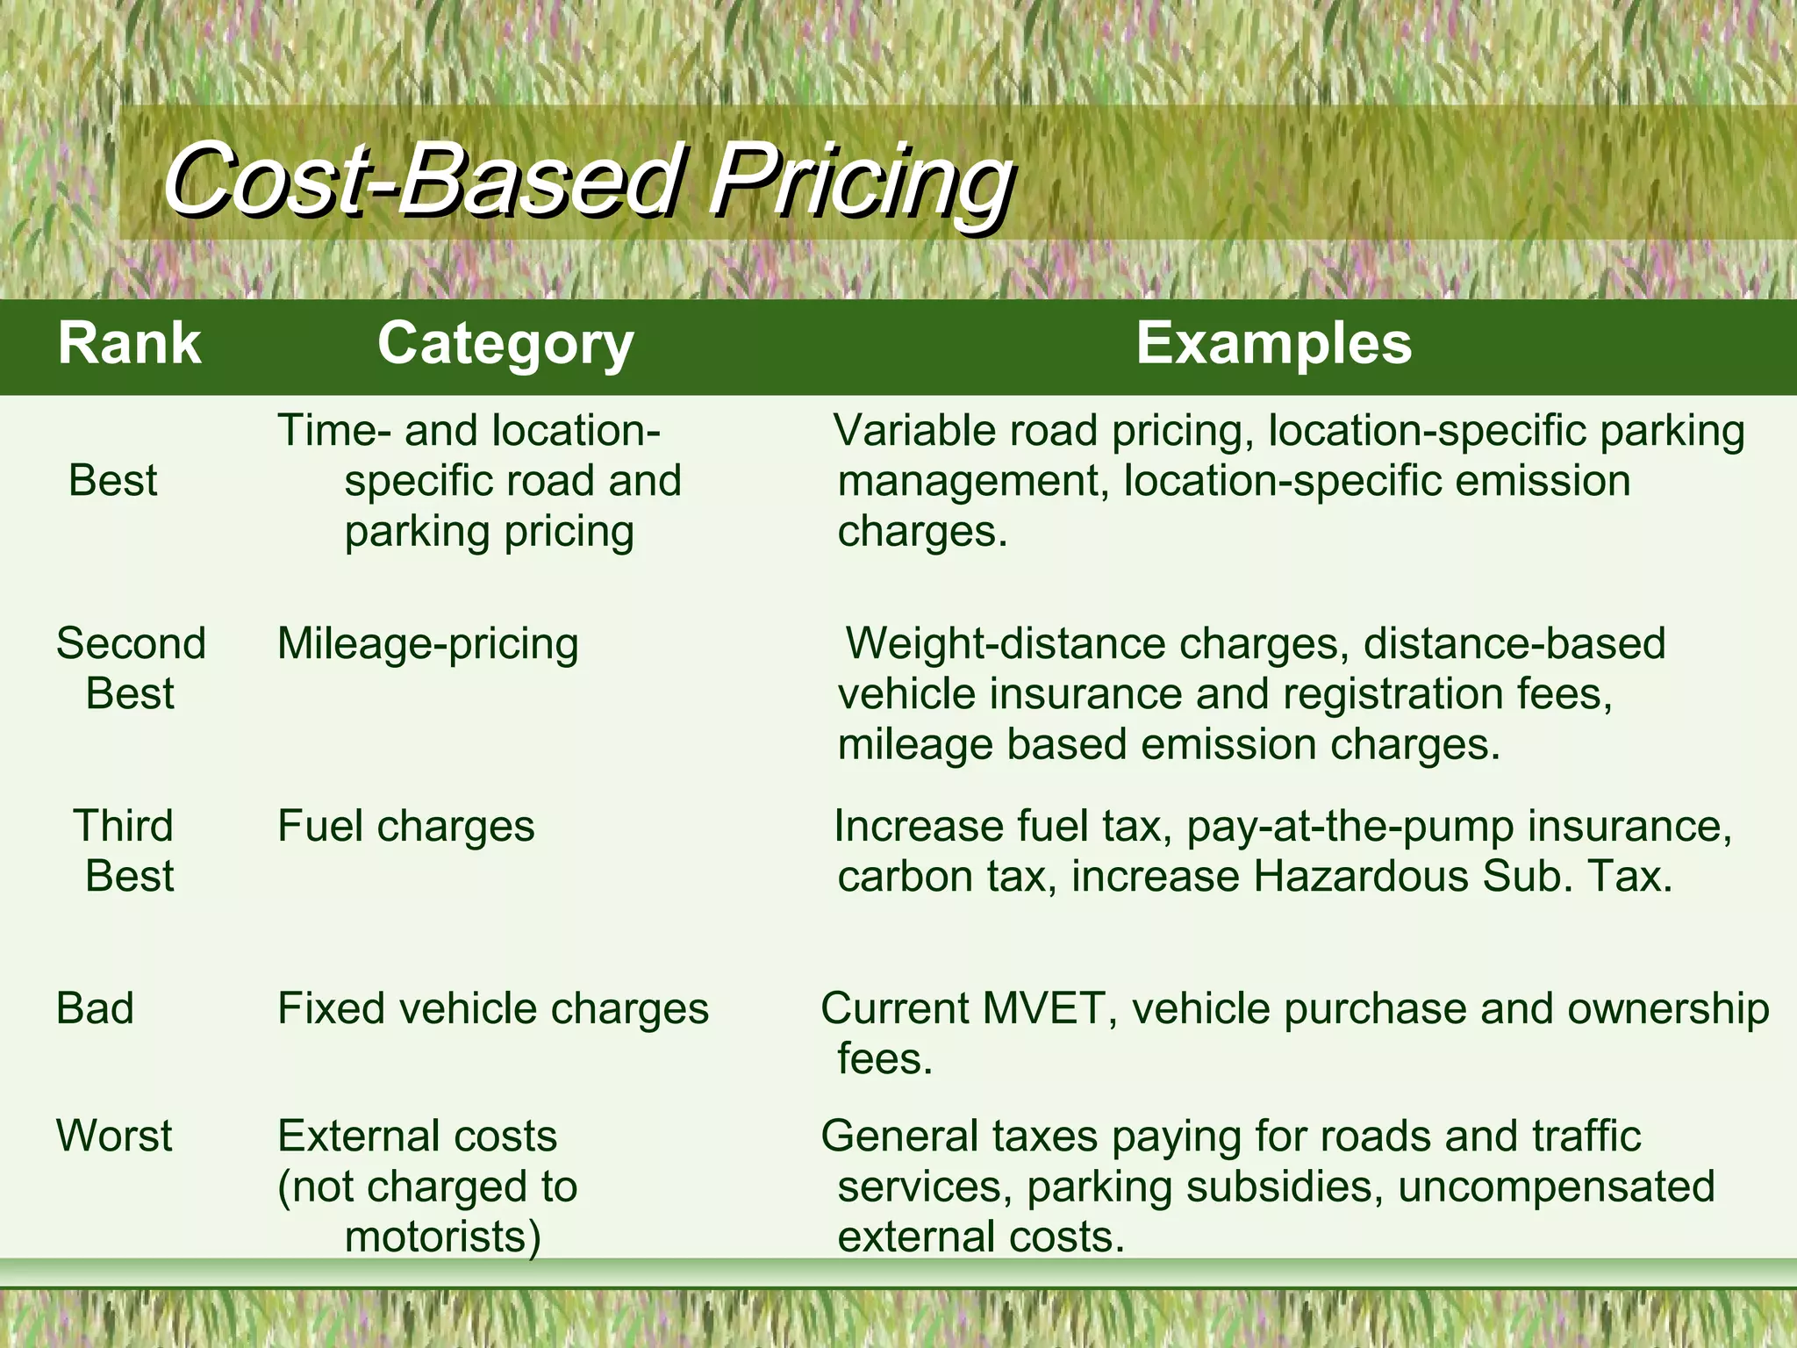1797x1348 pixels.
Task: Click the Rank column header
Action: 129,343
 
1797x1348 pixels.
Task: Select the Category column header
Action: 505,343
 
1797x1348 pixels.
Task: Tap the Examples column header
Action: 1273,343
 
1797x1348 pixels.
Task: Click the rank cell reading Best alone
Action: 112,481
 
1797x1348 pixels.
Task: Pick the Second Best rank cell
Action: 131,668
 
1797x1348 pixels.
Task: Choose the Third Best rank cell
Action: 125,850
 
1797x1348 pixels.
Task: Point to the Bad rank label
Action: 95,1008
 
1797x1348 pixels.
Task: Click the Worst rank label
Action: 114,1136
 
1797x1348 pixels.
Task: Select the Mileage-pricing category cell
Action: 427,644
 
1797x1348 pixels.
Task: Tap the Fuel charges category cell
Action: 405,827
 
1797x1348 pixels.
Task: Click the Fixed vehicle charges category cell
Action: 492,1008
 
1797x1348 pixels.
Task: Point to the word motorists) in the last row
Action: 442,1237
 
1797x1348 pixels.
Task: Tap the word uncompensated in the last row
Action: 1556,1187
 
